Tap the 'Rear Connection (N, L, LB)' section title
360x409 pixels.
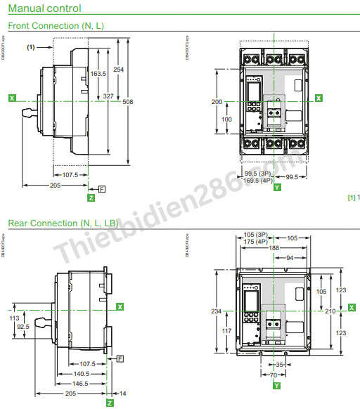(63, 223)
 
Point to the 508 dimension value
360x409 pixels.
(127, 102)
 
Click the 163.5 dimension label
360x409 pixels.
(98, 73)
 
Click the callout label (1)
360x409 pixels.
(31, 47)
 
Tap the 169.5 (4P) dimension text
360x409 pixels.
(258, 181)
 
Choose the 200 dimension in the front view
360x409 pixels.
(217, 102)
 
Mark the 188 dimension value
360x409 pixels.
(273, 247)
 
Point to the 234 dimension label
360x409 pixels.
(217, 310)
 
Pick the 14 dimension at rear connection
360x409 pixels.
(124, 394)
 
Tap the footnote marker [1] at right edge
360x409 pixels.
(352, 197)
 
